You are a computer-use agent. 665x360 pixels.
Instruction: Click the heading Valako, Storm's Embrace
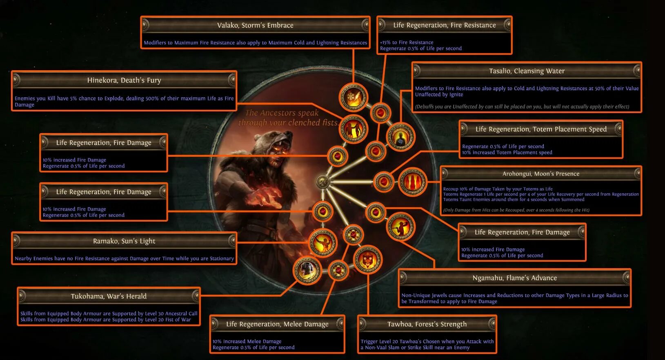click(x=255, y=25)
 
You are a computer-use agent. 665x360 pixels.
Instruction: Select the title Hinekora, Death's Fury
click(x=124, y=80)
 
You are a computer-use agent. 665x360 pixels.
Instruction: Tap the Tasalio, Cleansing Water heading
click(x=527, y=71)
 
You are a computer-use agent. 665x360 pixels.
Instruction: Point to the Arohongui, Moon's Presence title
click(x=541, y=174)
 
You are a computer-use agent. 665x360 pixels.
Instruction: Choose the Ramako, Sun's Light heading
click(x=124, y=241)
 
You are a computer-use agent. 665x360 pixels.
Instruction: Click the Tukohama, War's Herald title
click(x=109, y=296)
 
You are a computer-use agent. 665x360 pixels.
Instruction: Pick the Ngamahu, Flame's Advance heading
click(x=514, y=278)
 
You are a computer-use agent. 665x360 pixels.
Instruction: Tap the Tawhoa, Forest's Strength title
click(x=427, y=324)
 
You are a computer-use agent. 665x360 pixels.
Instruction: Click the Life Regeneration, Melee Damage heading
click(x=277, y=324)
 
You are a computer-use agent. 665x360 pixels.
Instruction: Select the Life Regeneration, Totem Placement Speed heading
click(x=541, y=129)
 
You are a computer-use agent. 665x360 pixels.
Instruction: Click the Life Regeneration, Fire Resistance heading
click(x=445, y=25)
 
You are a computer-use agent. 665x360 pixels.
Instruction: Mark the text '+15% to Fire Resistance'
click(x=407, y=42)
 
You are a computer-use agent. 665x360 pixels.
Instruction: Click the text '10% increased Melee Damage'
click(x=247, y=341)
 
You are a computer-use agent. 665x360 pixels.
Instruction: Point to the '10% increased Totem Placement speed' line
click(x=507, y=153)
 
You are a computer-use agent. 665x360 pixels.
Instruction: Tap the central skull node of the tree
click(x=322, y=182)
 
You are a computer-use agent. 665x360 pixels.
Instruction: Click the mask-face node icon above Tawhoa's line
click(x=367, y=260)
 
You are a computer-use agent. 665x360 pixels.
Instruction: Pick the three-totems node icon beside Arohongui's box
click(x=412, y=182)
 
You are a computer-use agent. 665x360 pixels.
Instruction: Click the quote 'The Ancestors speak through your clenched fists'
click(x=288, y=118)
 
